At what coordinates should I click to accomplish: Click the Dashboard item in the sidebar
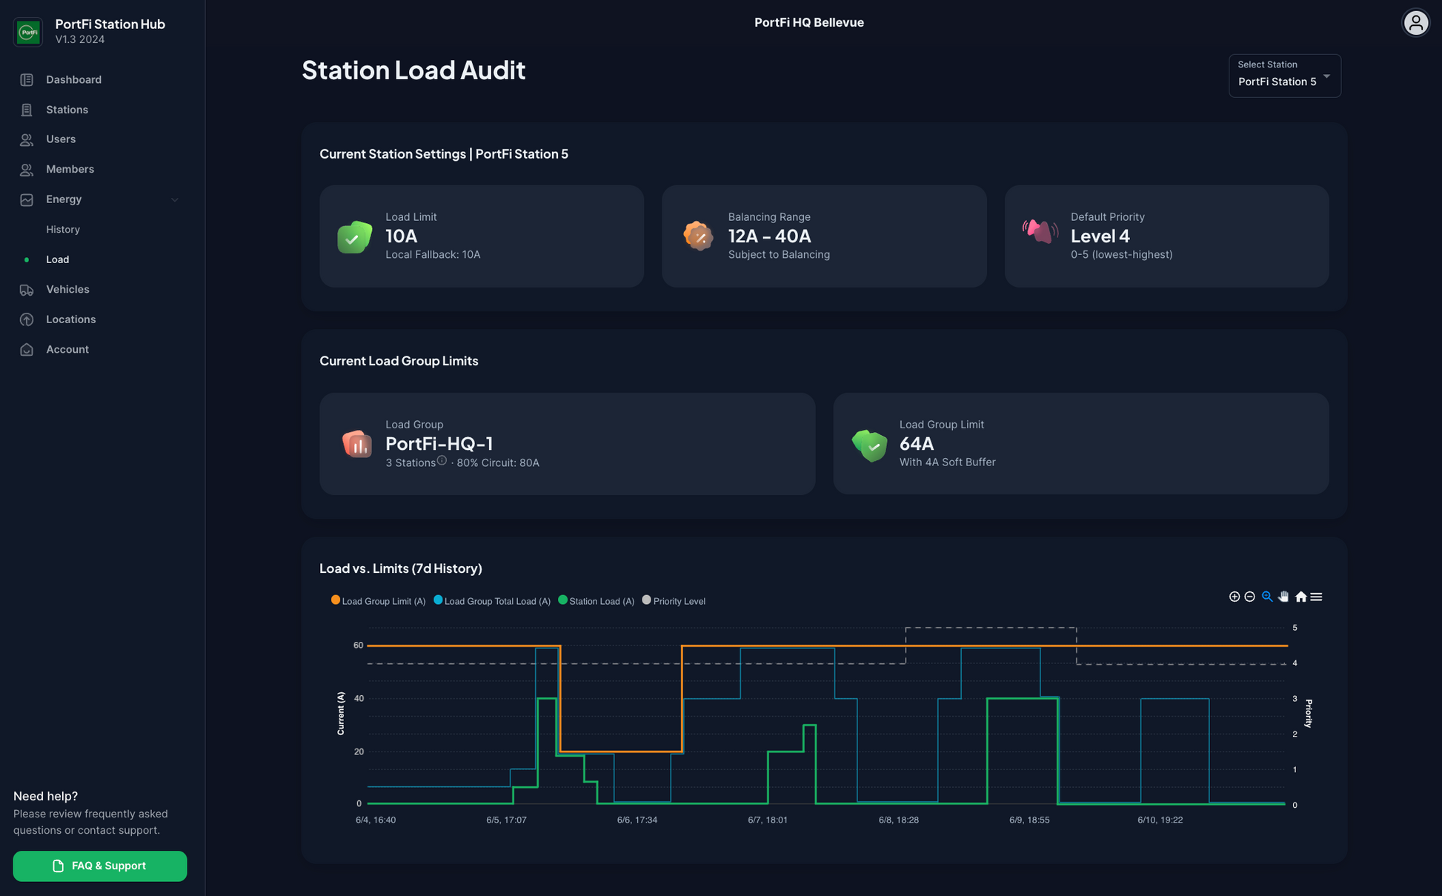pos(73,80)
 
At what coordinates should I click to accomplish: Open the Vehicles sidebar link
pos(67,290)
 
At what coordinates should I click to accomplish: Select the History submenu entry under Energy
pos(63,230)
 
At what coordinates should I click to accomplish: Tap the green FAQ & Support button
pos(100,866)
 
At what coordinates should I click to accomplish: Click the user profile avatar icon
pos(1415,23)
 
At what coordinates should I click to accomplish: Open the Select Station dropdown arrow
pos(1326,76)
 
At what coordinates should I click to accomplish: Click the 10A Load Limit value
pos(402,236)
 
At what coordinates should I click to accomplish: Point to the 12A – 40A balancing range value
pos(769,236)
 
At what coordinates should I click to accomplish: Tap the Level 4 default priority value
pos(1100,236)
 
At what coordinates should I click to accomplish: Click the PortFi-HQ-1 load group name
pos(439,444)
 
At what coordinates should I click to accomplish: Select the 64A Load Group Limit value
pos(916,444)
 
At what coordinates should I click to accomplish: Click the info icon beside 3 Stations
pos(442,461)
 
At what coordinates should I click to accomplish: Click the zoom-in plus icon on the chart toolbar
pos(1235,597)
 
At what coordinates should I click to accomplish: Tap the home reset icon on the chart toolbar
pos(1300,597)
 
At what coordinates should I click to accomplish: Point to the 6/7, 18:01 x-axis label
pos(768,820)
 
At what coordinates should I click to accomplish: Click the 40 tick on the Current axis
pos(359,699)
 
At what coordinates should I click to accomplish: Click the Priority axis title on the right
pos(1309,714)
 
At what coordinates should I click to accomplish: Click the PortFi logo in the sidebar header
pos(28,32)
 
